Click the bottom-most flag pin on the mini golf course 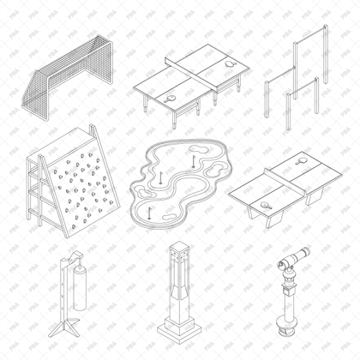(150, 208)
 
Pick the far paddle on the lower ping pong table (301, 159)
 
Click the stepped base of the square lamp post (178, 329)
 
